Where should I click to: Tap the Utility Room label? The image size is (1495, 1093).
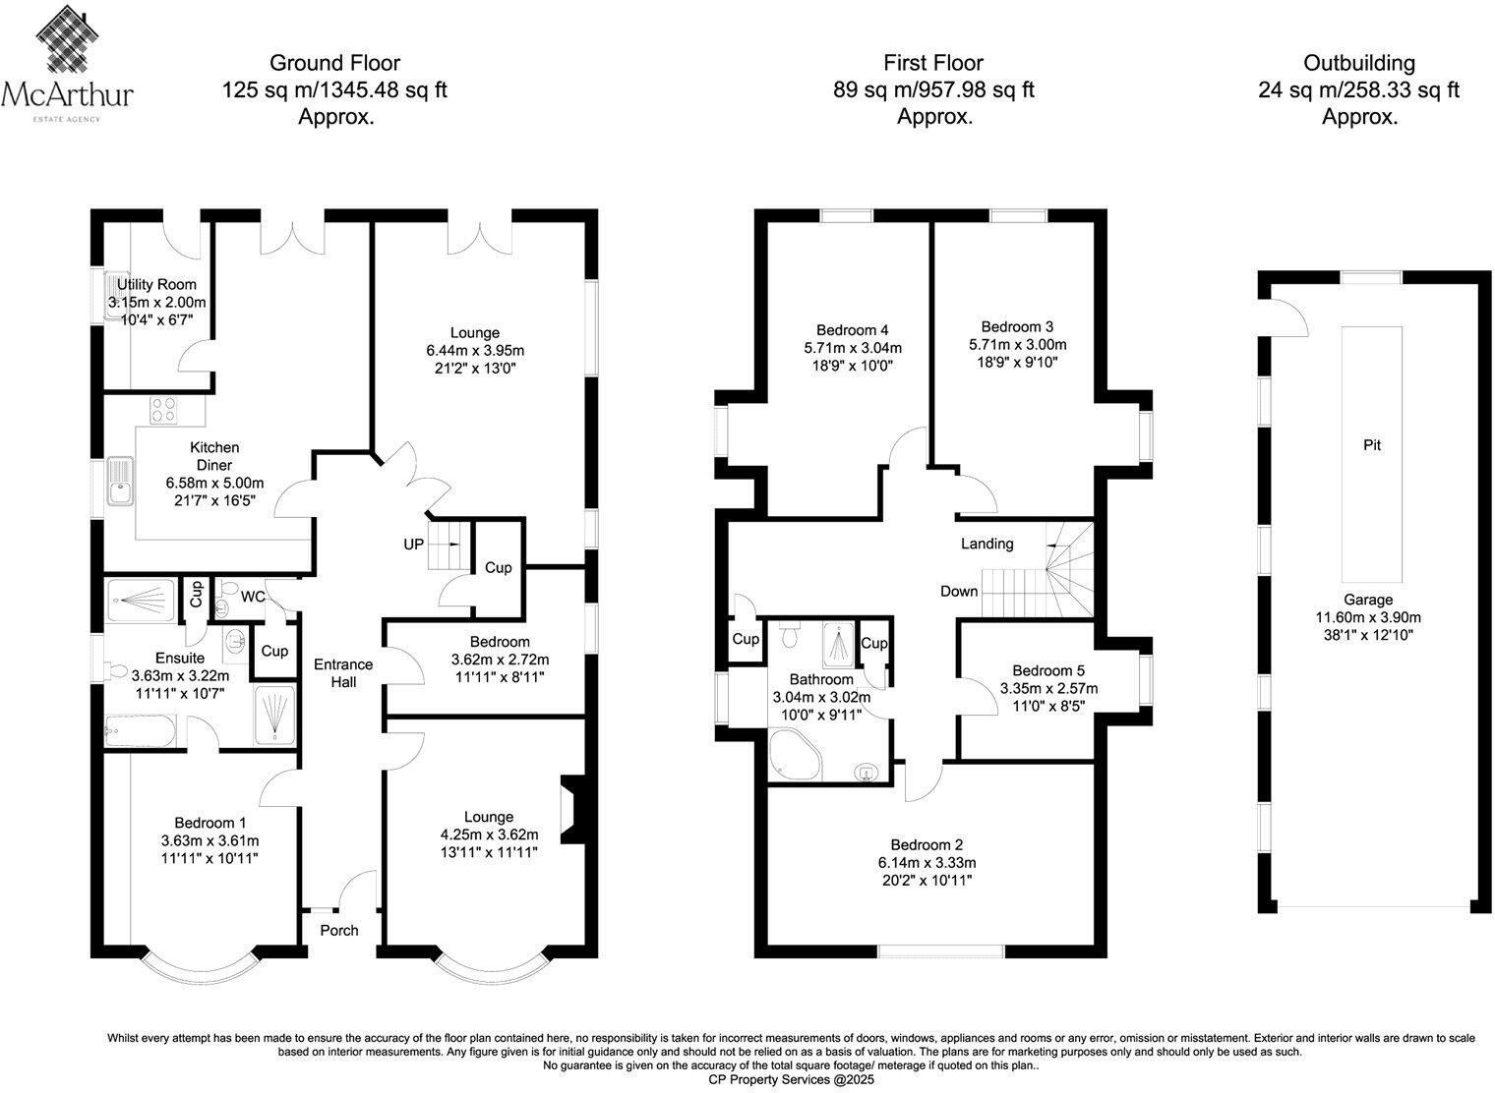(x=156, y=285)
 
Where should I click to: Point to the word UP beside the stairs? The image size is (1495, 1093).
(x=413, y=545)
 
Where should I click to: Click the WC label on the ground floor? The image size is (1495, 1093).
(x=253, y=597)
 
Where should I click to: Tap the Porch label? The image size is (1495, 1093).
(x=339, y=931)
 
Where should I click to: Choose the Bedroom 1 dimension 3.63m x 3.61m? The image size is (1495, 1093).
(x=209, y=840)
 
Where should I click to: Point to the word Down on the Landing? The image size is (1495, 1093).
(x=959, y=591)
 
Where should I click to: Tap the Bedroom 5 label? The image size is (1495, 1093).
(x=1048, y=670)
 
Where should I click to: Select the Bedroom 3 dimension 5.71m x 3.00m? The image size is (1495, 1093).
(x=1017, y=345)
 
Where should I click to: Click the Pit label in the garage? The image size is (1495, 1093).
(x=1372, y=445)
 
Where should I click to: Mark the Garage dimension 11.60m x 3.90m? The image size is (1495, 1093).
(x=1368, y=617)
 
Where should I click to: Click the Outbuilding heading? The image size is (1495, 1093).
(x=1358, y=63)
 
